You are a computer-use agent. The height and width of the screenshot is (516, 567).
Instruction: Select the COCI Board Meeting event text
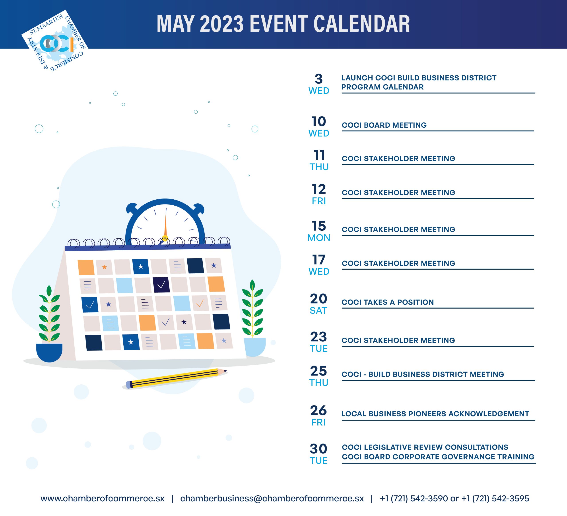pyautogui.click(x=384, y=125)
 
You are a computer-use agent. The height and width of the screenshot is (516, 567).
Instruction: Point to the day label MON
pyautogui.click(x=319, y=238)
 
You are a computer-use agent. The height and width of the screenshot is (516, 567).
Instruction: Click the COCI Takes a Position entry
pyautogui.click(x=388, y=302)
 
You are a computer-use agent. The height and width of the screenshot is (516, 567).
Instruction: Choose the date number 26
pyautogui.click(x=318, y=411)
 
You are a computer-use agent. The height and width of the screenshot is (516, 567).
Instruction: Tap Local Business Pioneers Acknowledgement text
pyautogui.click(x=435, y=414)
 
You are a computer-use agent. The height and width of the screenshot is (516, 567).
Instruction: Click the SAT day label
pyautogui.click(x=318, y=311)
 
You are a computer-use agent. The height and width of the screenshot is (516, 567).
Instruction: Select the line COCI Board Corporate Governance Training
pyautogui.click(x=438, y=457)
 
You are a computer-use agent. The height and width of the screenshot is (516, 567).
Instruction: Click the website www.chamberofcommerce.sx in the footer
pyautogui.click(x=102, y=498)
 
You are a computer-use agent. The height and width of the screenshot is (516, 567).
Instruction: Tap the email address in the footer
pyautogui.click(x=272, y=498)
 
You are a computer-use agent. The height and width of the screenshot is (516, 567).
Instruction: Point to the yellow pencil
pyautogui.click(x=176, y=378)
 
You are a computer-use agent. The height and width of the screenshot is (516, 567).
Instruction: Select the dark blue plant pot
pyautogui.click(x=49, y=352)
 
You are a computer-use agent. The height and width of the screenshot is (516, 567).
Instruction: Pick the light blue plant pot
pyautogui.click(x=254, y=347)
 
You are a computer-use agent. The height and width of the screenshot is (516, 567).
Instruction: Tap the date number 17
pyautogui.click(x=319, y=260)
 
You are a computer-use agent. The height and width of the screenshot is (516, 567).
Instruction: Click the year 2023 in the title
pyautogui.click(x=222, y=24)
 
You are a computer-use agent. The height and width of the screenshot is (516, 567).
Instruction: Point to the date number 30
pyautogui.click(x=318, y=449)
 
